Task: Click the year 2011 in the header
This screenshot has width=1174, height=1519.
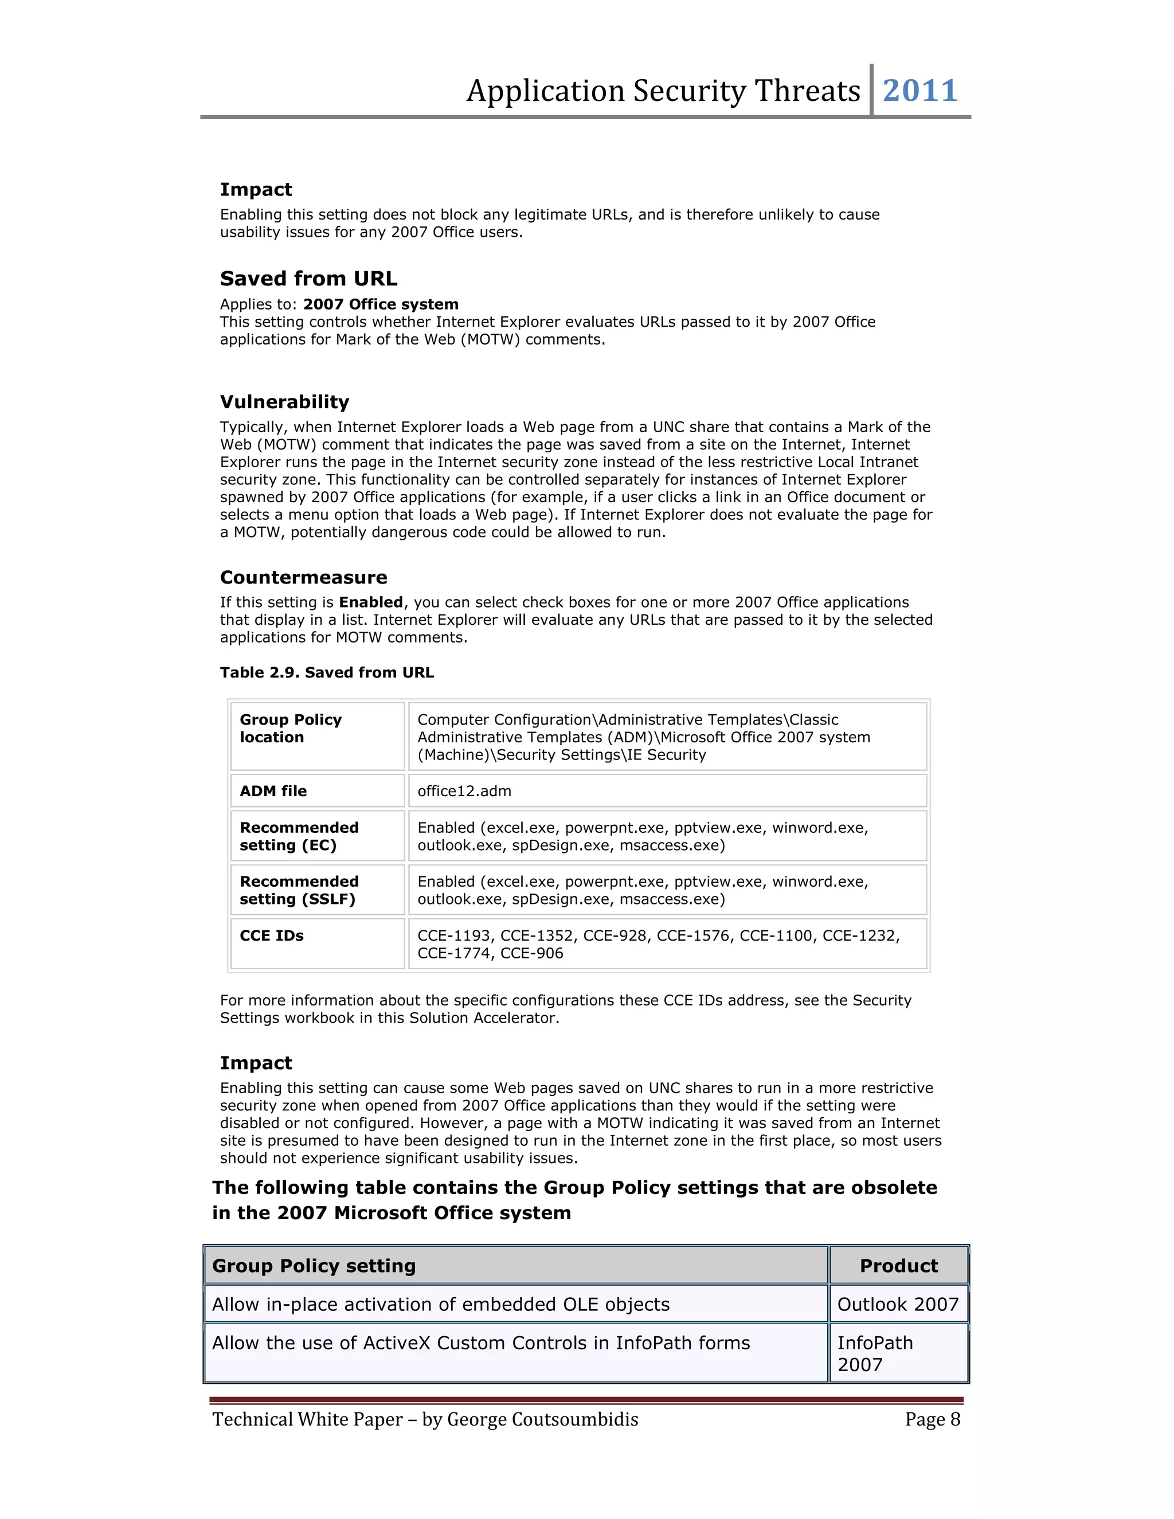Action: click(919, 91)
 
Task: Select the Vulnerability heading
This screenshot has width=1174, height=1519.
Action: click(284, 402)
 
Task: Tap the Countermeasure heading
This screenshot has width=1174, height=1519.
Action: click(303, 577)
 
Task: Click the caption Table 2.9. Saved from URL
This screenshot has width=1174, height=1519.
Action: click(327, 672)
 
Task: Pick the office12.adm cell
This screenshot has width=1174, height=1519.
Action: click(464, 792)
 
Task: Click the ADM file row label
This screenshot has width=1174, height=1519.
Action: click(273, 792)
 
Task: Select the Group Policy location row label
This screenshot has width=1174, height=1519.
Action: click(290, 728)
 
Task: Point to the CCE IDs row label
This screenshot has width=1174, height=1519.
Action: click(271, 936)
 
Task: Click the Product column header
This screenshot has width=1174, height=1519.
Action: click(899, 1266)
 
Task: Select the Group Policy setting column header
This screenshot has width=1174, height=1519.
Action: click(314, 1266)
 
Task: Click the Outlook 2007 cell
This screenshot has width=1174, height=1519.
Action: click(897, 1304)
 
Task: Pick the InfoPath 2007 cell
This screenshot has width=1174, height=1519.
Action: click(874, 1353)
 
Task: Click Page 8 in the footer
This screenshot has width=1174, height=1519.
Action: click(932, 1419)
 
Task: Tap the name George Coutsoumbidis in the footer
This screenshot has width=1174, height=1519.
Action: click(542, 1419)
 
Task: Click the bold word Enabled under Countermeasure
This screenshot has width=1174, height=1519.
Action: click(371, 602)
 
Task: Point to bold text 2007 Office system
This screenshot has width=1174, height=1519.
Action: click(381, 304)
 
